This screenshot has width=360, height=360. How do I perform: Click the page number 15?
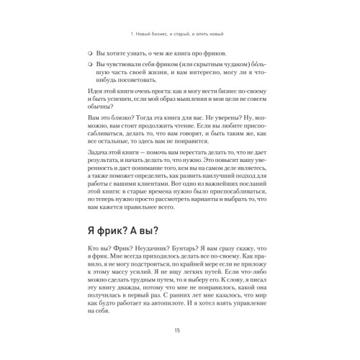(177, 330)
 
